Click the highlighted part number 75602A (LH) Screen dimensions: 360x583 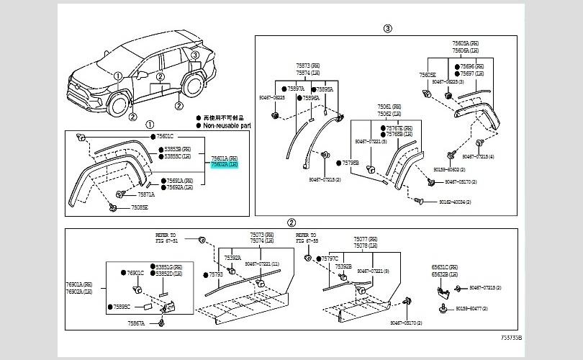[x=223, y=164]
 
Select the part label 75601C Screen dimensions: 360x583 [x=165, y=136]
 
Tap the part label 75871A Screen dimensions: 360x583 [x=146, y=194]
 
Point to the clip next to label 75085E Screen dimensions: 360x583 [x=114, y=207]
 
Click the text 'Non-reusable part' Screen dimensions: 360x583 [x=228, y=124]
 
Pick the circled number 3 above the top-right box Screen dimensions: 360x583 [x=387, y=29]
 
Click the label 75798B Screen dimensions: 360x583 [x=349, y=163]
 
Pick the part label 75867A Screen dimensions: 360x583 [x=137, y=324]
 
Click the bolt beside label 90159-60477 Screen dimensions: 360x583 [x=440, y=309]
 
